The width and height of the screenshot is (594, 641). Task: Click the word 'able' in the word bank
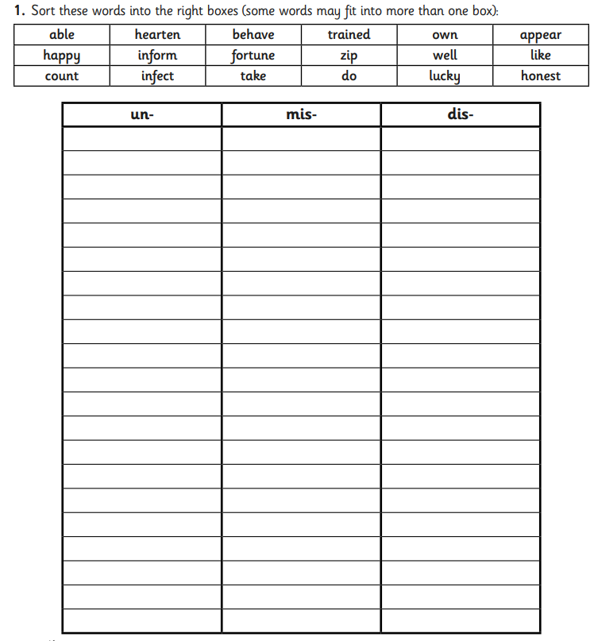pyautogui.click(x=61, y=35)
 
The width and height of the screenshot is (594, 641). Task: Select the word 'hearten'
pyautogui.click(x=157, y=35)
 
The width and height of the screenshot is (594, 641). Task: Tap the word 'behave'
pyautogui.click(x=253, y=35)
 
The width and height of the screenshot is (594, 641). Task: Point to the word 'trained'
pyautogui.click(x=349, y=35)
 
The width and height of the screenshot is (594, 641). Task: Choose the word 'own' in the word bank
pyautogui.click(x=445, y=36)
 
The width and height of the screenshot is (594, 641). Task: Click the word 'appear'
pyautogui.click(x=541, y=36)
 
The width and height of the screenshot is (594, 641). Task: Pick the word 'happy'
pyautogui.click(x=61, y=56)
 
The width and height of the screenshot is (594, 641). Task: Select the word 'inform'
pyautogui.click(x=157, y=56)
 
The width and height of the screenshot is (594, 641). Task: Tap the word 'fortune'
pyautogui.click(x=253, y=56)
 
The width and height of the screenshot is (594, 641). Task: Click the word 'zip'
pyautogui.click(x=349, y=56)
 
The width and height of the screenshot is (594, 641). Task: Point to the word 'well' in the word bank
pyautogui.click(x=445, y=56)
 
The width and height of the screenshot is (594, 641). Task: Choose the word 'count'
pyautogui.click(x=61, y=77)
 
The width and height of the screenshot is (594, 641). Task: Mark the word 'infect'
pyautogui.click(x=157, y=76)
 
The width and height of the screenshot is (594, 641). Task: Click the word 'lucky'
pyautogui.click(x=445, y=77)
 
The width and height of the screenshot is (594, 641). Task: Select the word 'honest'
pyautogui.click(x=541, y=76)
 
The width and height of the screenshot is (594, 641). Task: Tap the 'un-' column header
pyautogui.click(x=142, y=114)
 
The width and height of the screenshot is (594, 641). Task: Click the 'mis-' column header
pyautogui.click(x=301, y=114)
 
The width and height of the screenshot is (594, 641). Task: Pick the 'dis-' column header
pyautogui.click(x=461, y=114)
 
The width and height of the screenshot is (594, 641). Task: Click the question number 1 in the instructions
pyautogui.click(x=19, y=11)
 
